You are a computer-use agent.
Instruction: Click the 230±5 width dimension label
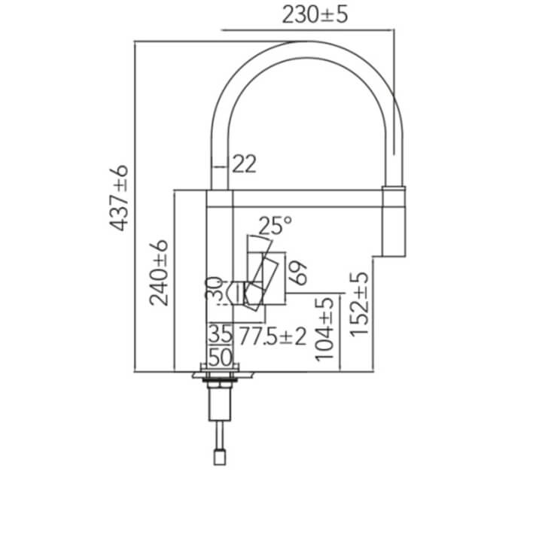tap(315, 15)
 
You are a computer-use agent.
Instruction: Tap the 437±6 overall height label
tap(119, 198)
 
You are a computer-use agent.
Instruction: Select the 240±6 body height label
tap(159, 273)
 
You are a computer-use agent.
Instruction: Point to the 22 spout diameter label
tap(244, 164)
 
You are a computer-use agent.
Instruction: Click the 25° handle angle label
tap(276, 226)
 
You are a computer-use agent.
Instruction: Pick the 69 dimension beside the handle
tap(298, 273)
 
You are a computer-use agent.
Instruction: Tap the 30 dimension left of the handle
tap(215, 288)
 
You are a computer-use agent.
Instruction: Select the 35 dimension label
tap(221, 334)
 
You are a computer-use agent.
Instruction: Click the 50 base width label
tap(221, 358)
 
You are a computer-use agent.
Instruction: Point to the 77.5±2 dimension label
tap(273, 337)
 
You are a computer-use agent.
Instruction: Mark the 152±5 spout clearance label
tap(360, 304)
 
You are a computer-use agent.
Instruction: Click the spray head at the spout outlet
tap(394, 221)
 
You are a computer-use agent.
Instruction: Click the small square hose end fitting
tap(220, 458)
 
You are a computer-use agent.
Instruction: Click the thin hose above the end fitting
tap(220, 436)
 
